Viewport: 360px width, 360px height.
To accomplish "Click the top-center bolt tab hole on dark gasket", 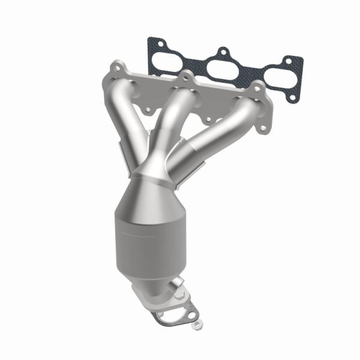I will click(x=224, y=52).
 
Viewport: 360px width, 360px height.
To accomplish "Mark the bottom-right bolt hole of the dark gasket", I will click(x=292, y=96).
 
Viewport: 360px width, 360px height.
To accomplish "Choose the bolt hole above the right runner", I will click(x=259, y=88).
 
